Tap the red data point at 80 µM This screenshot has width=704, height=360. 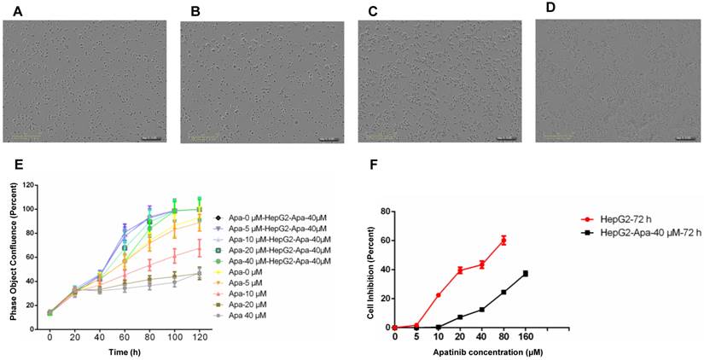pos(503,241)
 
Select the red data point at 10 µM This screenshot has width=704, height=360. pos(439,295)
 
